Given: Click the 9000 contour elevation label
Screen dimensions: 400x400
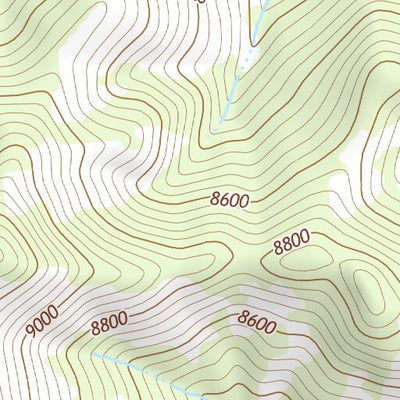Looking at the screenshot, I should (x=44, y=323).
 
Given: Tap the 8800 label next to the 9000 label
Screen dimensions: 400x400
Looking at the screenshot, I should (x=108, y=322).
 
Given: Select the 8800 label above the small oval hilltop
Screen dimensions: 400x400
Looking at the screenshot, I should (x=290, y=241).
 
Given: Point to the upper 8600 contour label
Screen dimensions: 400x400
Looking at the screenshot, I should (x=230, y=200).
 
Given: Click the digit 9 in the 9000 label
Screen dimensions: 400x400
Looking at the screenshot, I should (x=31, y=330).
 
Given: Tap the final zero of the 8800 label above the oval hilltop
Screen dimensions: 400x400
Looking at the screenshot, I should (x=305, y=236).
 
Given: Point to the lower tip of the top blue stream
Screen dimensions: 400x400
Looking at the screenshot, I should (x=212, y=131).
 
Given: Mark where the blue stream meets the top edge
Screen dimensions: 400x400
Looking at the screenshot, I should (x=267, y=2).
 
